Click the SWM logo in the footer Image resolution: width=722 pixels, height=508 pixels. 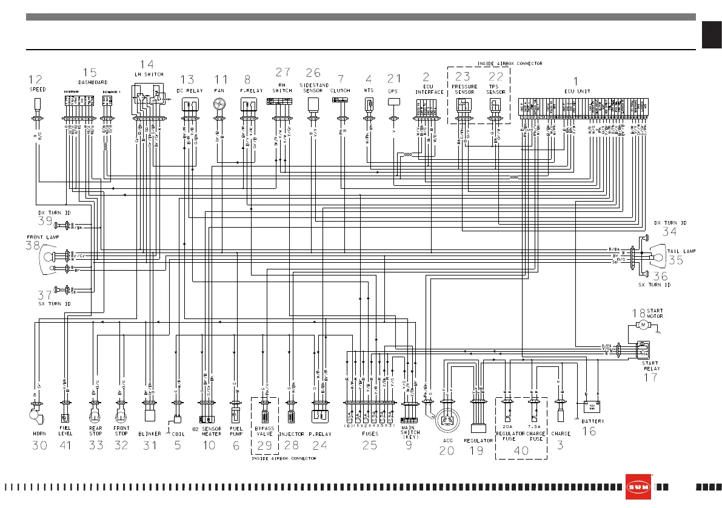(x=638, y=487)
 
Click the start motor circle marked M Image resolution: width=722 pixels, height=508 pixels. (x=642, y=325)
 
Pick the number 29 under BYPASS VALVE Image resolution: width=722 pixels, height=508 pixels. (x=264, y=446)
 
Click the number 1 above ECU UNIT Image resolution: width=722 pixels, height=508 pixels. (x=575, y=80)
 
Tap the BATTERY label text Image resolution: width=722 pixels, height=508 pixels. (x=592, y=421)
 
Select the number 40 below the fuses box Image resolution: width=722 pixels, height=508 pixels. (x=521, y=450)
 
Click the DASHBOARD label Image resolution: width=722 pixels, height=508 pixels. (x=93, y=82)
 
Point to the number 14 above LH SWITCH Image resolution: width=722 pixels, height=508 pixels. (x=147, y=64)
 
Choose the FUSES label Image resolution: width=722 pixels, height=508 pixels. (x=370, y=434)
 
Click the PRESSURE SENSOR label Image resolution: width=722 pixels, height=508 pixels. (x=464, y=90)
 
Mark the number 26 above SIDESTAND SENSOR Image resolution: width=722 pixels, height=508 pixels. (x=313, y=73)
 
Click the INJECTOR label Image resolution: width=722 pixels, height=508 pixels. (x=291, y=434)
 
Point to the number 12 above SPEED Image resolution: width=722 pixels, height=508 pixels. (x=36, y=79)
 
